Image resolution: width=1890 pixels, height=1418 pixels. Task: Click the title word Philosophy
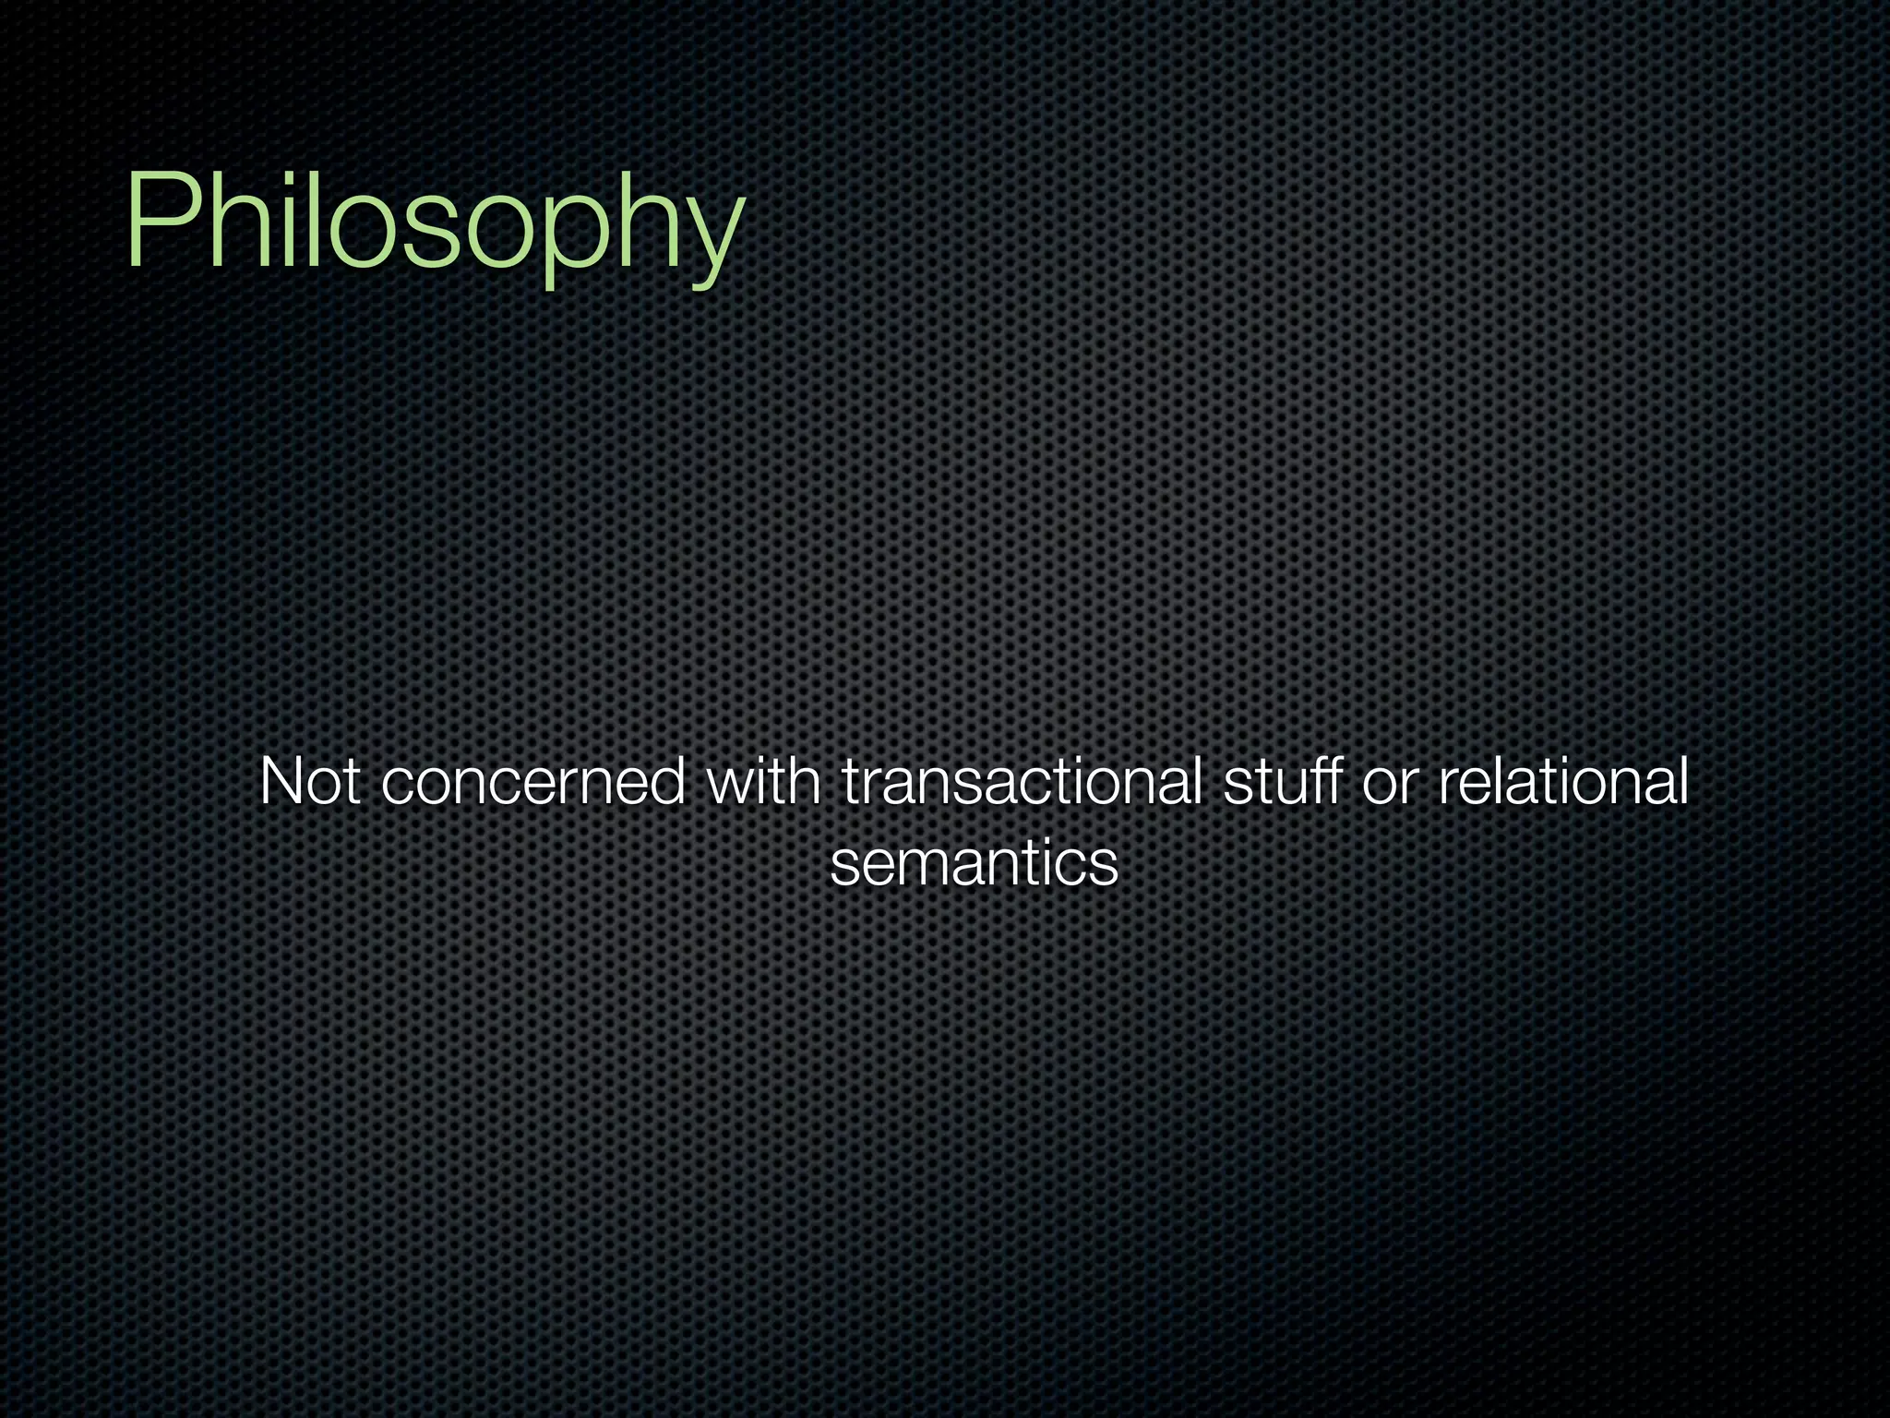(x=434, y=222)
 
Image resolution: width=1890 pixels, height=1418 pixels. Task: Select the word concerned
(x=532, y=783)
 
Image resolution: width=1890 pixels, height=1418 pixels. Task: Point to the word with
(x=762, y=781)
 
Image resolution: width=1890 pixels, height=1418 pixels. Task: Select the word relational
(x=1562, y=781)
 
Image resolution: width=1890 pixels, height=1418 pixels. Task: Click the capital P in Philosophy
(x=157, y=222)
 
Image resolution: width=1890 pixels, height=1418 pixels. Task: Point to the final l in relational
(x=1682, y=781)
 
